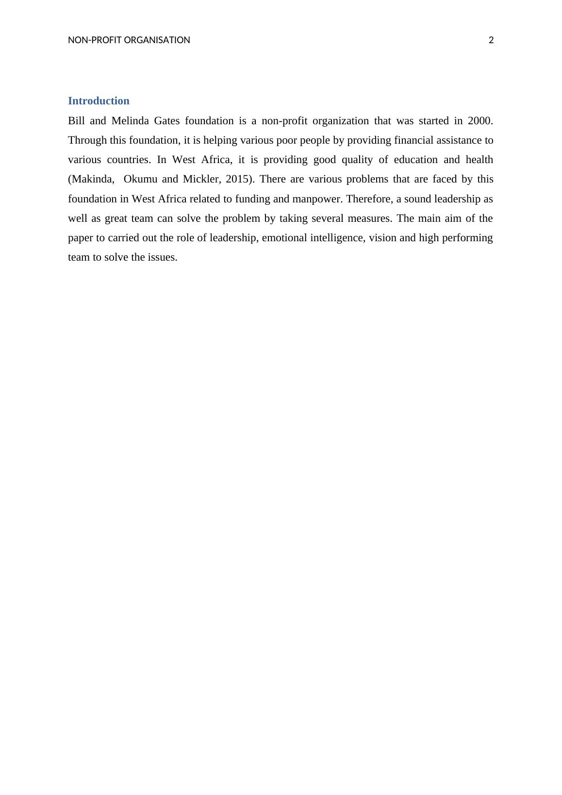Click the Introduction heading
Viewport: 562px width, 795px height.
[99, 101]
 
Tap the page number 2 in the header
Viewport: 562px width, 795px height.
[491, 40]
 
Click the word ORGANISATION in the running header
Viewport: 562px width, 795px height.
[157, 40]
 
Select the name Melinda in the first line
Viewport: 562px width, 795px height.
[130, 121]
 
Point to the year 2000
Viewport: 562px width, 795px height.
[480, 121]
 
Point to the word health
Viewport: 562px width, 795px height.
[479, 160]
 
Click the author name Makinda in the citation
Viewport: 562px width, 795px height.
[91, 179]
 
